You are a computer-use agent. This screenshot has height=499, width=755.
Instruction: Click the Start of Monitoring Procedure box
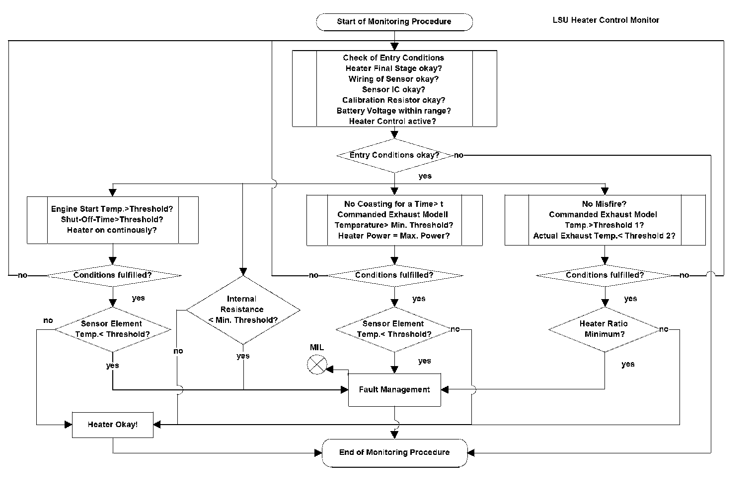coord(394,22)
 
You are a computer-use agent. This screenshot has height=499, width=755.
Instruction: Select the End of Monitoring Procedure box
coord(395,452)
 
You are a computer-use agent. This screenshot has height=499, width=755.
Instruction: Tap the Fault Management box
coord(394,390)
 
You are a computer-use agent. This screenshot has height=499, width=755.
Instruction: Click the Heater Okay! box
coord(113,425)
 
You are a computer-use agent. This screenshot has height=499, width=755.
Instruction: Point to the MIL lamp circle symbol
coord(317,365)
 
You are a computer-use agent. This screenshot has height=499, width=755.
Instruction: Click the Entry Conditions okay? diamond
coord(394,155)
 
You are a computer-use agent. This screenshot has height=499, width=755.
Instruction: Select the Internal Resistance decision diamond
coord(243,310)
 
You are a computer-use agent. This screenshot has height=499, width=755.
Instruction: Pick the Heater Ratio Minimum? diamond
coord(604,329)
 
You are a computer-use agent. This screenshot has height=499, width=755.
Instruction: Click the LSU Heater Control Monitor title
coord(605,20)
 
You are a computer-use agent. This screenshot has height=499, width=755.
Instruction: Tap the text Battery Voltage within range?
coord(394,111)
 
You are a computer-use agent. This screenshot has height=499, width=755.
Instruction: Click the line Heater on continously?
coord(112,230)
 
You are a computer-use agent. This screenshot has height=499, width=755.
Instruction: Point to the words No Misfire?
coord(604,204)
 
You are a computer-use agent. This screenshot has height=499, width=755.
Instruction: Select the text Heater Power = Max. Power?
coord(394,236)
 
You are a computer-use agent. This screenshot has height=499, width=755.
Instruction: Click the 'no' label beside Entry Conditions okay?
coord(458,155)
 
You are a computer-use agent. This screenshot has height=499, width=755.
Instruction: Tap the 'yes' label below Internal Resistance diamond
coord(243,356)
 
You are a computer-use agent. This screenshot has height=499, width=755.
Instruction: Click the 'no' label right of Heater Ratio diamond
coord(664,329)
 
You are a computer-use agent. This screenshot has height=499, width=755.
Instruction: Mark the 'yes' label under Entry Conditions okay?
coord(425,176)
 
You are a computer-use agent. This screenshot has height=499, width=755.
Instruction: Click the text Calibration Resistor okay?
coord(394,100)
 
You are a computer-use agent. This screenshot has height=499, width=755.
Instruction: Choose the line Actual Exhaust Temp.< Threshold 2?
coord(604,236)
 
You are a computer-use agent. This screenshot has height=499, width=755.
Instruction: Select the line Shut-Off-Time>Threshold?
coord(112,219)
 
